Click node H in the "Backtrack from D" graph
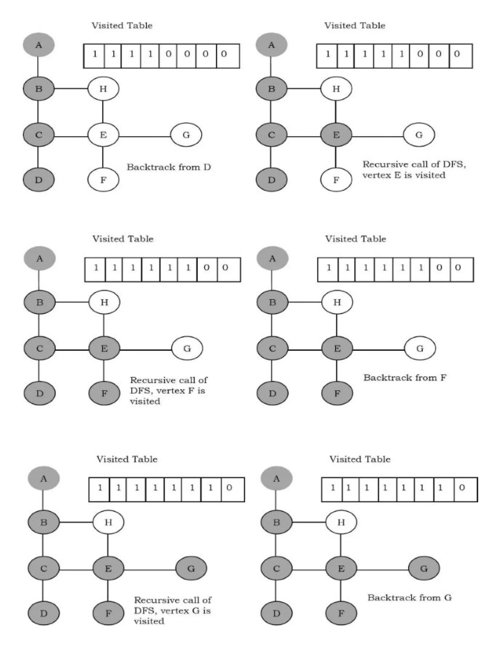[x=103, y=89]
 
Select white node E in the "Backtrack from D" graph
[x=103, y=135]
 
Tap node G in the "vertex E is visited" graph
[x=419, y=135]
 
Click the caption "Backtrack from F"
[x=405, y=378]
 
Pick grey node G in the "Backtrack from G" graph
[x=424, y=569]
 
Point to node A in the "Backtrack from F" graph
[x=272, y=258]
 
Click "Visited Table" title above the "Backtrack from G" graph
[x=360, y=459]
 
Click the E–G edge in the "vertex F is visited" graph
[x=146, y=350]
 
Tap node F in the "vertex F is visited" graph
[x=104, y=393]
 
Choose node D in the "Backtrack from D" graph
[x=39, y=180]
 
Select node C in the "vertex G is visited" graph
[x=44, y=569]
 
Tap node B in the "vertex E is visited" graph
[x=271, y=89]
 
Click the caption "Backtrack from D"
[x=169, y=167]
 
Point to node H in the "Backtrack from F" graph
[x=337, y=302]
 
